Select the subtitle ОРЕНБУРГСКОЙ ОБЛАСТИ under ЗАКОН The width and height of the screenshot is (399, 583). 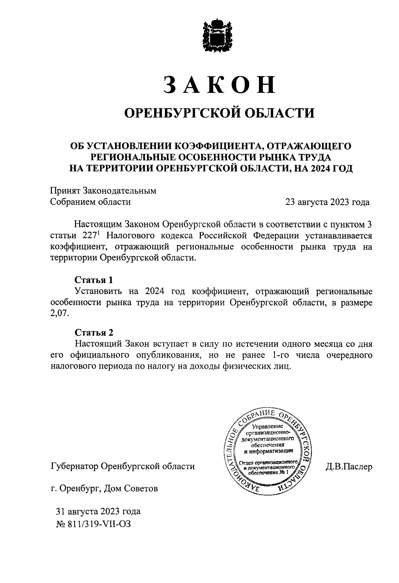[219, 113]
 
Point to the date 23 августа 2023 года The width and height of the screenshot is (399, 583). [327, 202]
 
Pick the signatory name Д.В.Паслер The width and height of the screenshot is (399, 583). [349, 467]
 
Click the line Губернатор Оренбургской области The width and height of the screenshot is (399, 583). [122, 466]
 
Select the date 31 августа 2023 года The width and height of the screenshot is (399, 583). [98, 511]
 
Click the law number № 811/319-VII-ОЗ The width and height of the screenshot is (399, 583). [94, 525]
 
